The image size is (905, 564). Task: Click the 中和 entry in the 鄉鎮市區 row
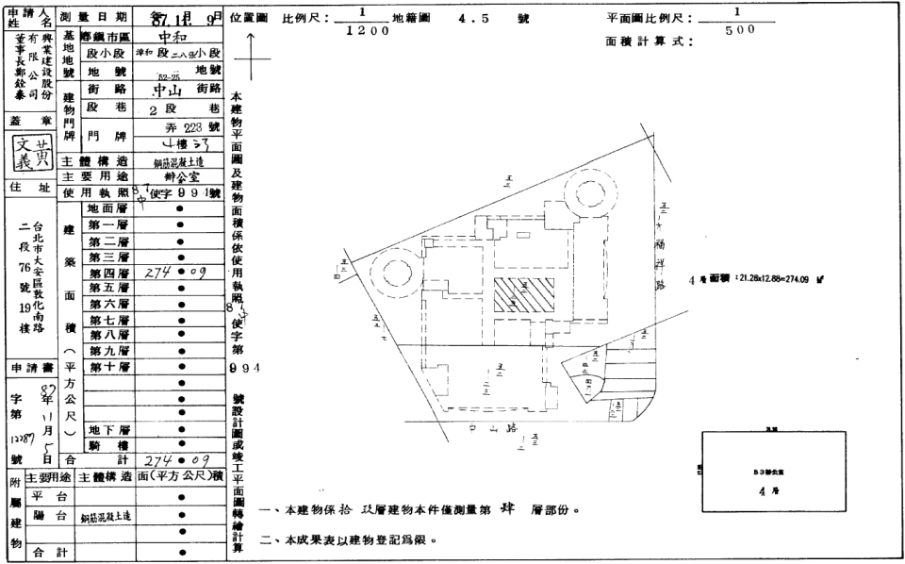click(x=177, y=39)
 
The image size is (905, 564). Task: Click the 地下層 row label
click(x=107, y=429)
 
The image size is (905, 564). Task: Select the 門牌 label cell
click(x=101, y=135)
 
